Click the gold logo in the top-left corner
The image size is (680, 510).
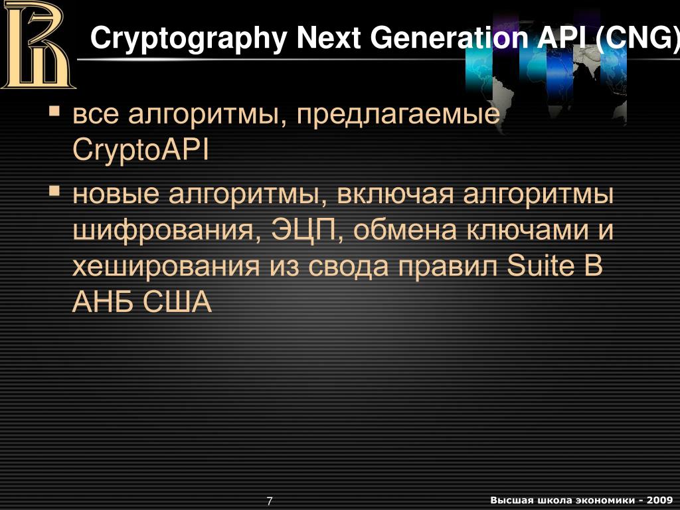point(38,44)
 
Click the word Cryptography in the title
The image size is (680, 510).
point(189,39)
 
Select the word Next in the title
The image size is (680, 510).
point(328,38)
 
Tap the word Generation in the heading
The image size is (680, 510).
point(449,38)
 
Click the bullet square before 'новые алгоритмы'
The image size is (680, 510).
point(54,191)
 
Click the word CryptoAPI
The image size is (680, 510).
point(141,151)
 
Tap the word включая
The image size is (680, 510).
point(395,195)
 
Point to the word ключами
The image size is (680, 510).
point(527,230)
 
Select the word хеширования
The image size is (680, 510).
point(166,266)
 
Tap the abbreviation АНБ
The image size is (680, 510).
point(103,301)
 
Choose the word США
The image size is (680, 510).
point(177,301)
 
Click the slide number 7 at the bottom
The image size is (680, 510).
point(270,501)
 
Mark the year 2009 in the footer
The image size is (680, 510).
point(660,500)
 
